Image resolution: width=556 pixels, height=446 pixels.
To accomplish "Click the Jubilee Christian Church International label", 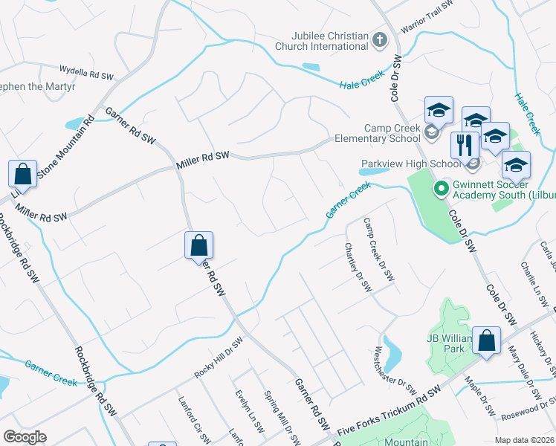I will click(x=321, y=41).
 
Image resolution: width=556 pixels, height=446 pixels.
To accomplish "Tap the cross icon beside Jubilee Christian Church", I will click(x=379, y=39).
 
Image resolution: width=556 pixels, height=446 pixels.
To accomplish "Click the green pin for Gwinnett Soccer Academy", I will click(x=439, y=189).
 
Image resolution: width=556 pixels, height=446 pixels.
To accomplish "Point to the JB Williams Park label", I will click(x=450, y=343).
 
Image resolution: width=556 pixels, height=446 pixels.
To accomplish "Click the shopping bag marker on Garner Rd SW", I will click(x=199, y=245).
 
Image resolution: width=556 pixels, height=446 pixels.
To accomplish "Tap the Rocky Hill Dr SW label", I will click(x=219, y=359).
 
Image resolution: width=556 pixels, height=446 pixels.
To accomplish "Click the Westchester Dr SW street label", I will click(x=395, y=371).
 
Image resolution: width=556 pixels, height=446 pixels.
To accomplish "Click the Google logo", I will click(x=25, y=436).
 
